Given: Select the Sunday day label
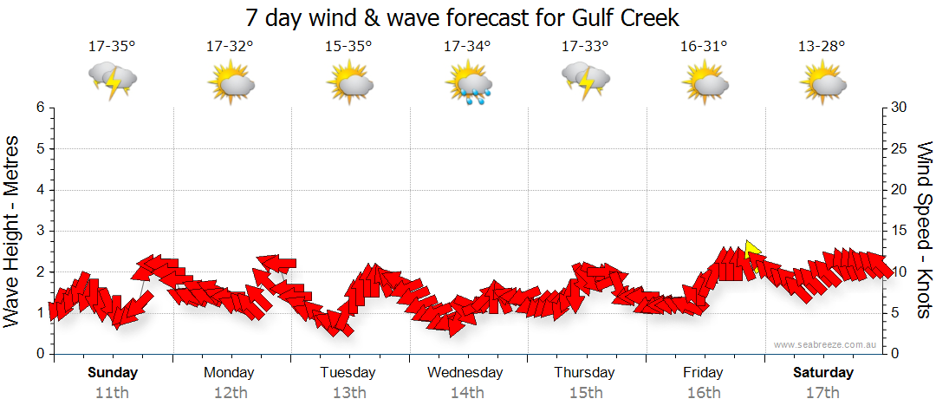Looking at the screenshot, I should [x=113, y=373].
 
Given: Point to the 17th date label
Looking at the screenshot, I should [x=823, y=392].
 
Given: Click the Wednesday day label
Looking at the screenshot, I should [x=465, y=373].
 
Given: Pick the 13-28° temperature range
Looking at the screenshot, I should [x=822, y=46].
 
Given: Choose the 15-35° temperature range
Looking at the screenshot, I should [x=348, y=46].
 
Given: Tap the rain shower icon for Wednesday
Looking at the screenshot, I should [x=468, y=84].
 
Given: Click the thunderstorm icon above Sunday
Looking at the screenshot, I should [x=113, y=81].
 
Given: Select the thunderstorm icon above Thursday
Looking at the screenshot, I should [x=586, y=81].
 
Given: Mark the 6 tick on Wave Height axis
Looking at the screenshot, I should [x=39, y=108].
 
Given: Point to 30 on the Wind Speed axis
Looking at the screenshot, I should [x=899, y=108].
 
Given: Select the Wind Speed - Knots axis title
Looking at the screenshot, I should [x=923, y=230].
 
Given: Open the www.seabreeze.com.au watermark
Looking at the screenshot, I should [x=826, y=344].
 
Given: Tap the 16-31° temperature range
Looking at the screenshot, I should [x=704, y=46].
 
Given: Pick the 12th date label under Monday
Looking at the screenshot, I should [x=230, y=392].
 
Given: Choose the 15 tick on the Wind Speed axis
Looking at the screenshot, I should [x=899, y=231].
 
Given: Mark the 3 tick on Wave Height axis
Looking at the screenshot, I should [x=39, y=231].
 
